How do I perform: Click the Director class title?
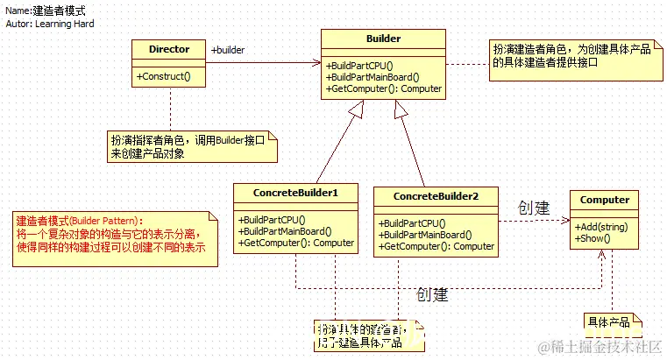[x=169, y=49]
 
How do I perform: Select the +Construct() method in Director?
[x=164, y=77]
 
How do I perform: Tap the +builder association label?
[x=228, y=50]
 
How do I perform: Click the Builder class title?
[x=383, y=39]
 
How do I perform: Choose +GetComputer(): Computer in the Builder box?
[x=384, y=88]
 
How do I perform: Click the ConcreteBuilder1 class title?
[x=295, y=192]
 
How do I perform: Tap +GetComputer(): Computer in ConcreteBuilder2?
[x=436, y=246]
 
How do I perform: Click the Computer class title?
[x=605, y=200]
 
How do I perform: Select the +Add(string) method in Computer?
[x=601, y=227]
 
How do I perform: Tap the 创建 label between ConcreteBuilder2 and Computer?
[x=533, y=208]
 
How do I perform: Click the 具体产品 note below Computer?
[x=607, y=322]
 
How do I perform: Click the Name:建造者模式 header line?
[x=46, y=11]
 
